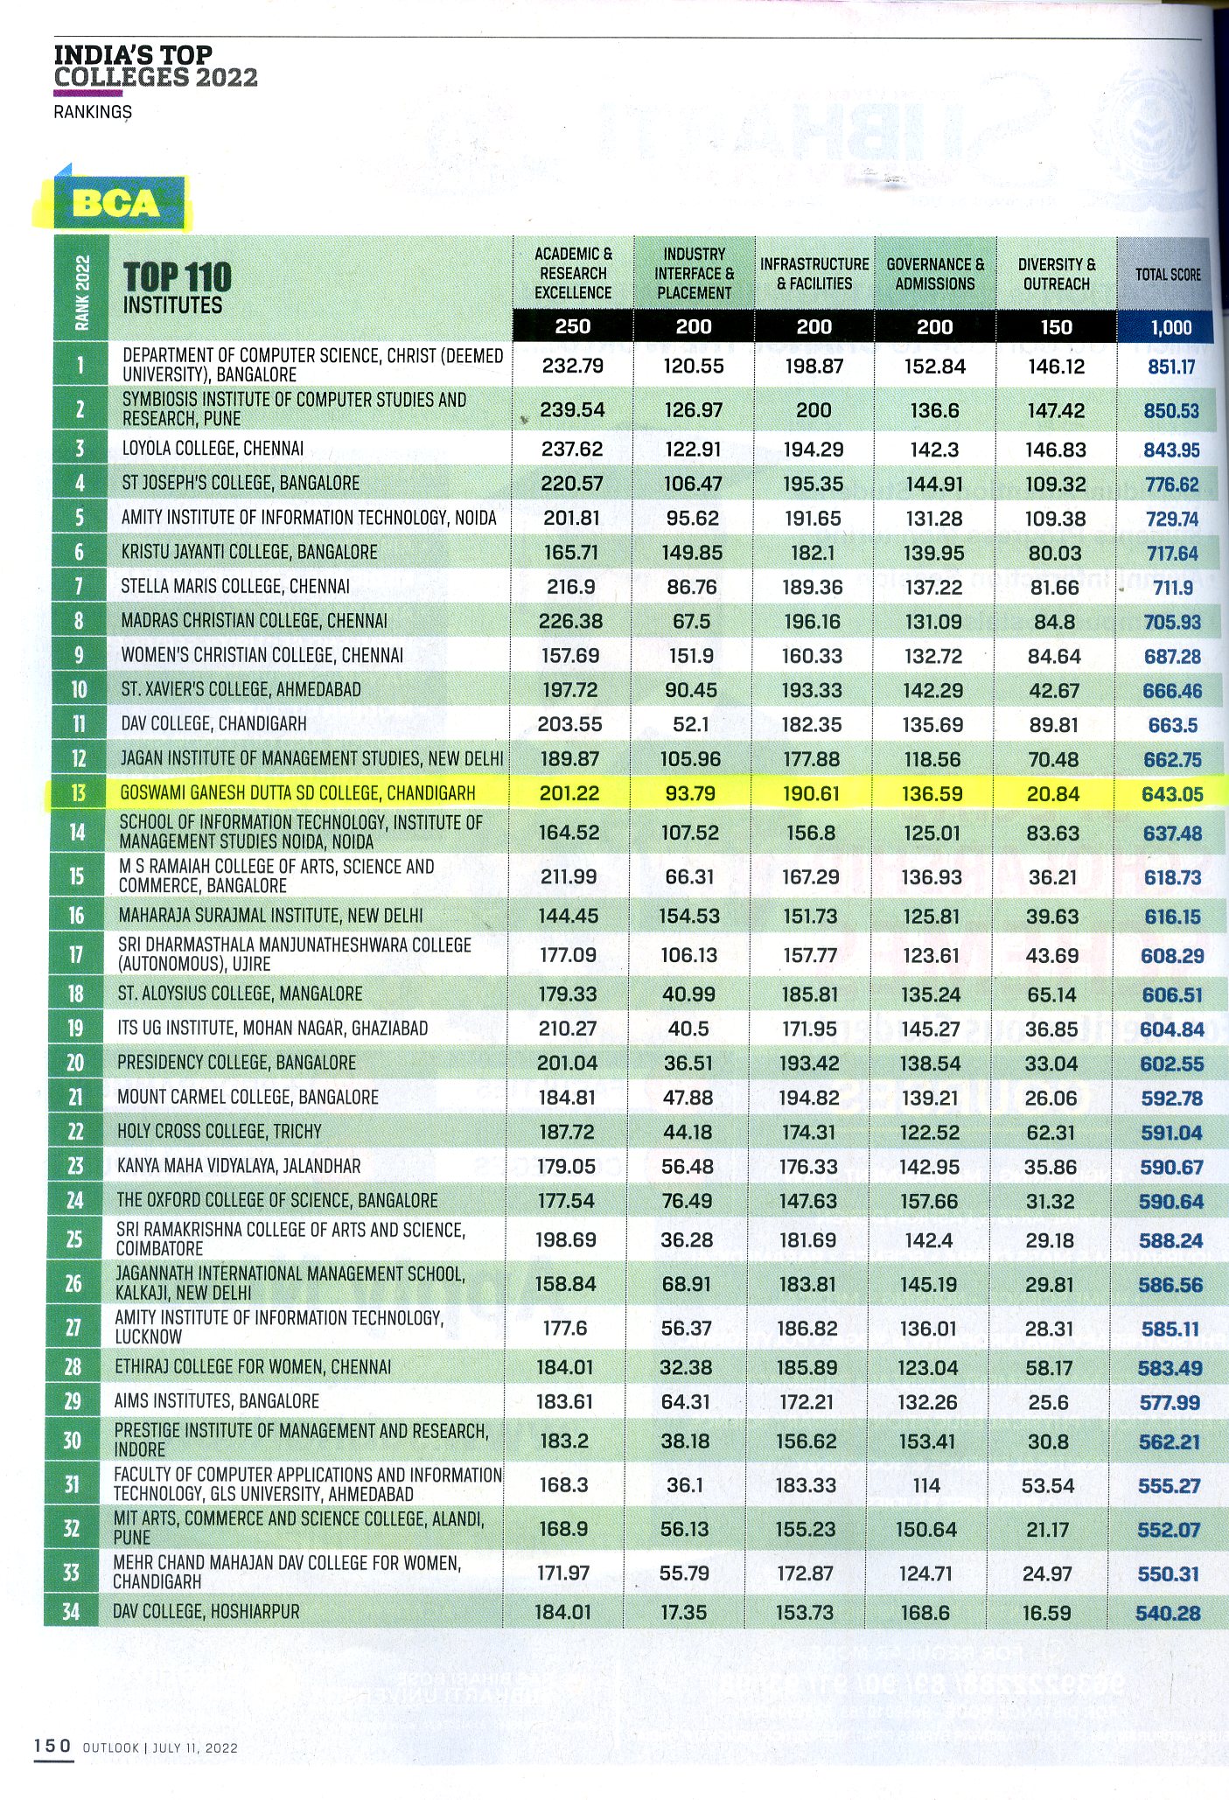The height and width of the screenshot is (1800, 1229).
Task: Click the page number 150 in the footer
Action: [52, 1746]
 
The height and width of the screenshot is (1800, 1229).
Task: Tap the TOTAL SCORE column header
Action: [1168, 274]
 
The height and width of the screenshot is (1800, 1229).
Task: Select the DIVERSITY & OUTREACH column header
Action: [1056, 274]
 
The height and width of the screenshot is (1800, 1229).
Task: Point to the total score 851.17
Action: [1171, 366]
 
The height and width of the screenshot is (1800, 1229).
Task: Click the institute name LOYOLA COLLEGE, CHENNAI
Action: [213, 449]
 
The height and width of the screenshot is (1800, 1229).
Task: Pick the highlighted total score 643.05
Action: [1172, 794]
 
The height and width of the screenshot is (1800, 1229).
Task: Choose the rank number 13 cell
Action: [79, 793]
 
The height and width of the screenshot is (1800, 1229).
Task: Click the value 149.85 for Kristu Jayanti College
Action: [692, 553]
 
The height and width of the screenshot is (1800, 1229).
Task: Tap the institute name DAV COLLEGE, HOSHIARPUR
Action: [206, 1611]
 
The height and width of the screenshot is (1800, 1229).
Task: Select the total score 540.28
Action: [1168, 1613]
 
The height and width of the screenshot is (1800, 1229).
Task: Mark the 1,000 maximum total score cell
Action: [1171, 328]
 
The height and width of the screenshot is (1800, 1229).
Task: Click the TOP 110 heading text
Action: [178, 278]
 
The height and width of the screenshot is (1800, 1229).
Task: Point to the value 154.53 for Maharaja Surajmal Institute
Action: [690, 917]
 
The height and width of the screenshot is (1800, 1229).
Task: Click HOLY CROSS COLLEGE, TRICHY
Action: [220, 1132]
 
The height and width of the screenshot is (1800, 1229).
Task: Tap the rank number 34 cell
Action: [71, 1611]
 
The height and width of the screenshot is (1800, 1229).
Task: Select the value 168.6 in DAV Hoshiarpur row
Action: [925, 1612]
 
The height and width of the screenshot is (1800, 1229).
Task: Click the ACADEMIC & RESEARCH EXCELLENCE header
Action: [573, 273]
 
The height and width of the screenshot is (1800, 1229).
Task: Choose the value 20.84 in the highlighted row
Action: [1054, 794]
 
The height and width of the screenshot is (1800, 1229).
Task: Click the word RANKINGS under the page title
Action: [93, 112]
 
